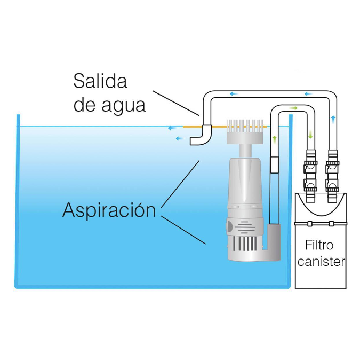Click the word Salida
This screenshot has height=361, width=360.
click(x=100, y=82)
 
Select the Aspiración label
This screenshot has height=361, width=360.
click(x=109, y=210)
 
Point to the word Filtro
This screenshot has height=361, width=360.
click(x=319, y=246)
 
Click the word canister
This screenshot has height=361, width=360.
click(x=321, y=262)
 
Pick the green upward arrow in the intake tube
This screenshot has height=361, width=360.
click(x=275, y=139)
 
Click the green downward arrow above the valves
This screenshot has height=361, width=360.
click(x=310, y=135)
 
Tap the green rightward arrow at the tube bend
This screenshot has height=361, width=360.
click(x=293, y=108)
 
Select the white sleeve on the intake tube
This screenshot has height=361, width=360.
click(x=275, y=164)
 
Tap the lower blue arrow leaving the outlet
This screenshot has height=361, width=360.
click(x=179, y=138)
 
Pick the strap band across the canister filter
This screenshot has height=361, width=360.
click(x=321, y=223)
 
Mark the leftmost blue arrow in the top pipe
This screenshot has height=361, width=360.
click(x=233, y=94)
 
